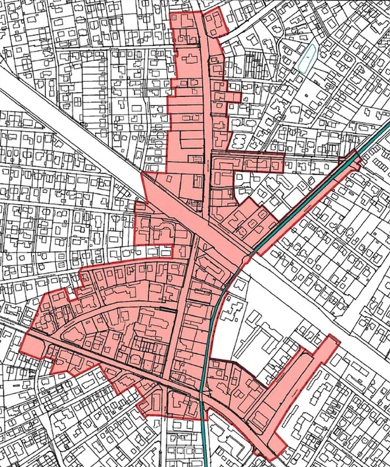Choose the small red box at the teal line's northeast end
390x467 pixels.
[354, 159]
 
